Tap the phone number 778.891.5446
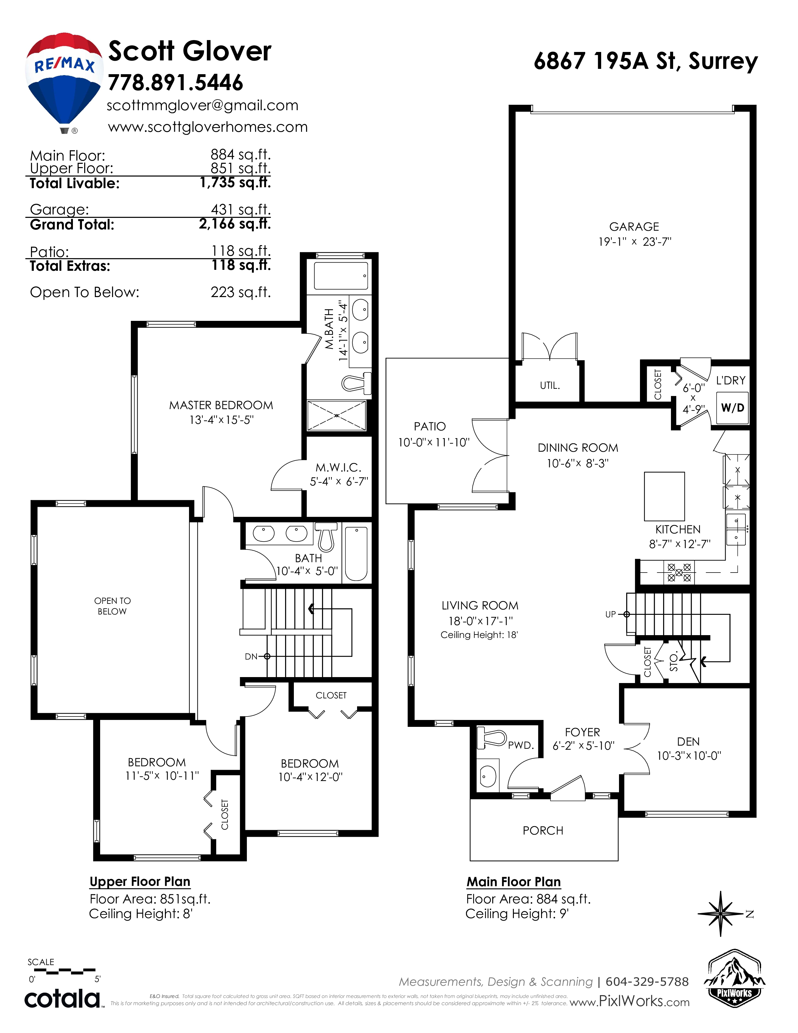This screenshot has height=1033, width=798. (175, 83)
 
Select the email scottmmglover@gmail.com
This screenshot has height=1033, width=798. (203, 105)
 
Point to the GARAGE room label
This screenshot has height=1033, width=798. (634, 227)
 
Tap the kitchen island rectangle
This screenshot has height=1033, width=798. (664, 496)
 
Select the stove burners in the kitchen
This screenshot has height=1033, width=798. (679, 572)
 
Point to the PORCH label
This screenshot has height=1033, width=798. (543, 830)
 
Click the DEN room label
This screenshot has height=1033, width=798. (688, 742)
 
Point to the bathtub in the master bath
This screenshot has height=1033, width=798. (341, 276)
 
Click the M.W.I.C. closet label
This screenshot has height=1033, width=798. (339, 468)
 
